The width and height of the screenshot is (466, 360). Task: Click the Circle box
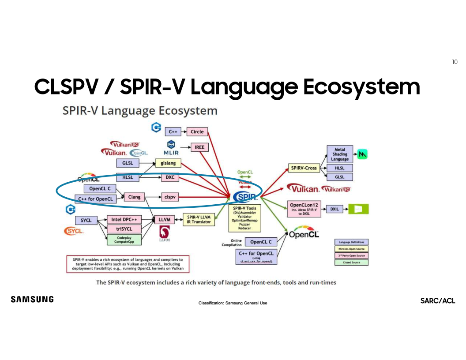[x=197, y=131]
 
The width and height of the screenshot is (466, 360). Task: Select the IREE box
[x=199, y=147]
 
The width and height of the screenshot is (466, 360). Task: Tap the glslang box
[x=168, y=163]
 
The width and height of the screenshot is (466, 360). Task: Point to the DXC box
[x=170, y=177]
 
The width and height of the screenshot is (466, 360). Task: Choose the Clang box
[x=135, y=197]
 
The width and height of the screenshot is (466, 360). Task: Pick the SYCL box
[x=86, y=220]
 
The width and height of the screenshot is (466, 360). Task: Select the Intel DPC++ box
[x=126, y=220]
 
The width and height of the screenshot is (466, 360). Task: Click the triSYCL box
[x=126, y=229]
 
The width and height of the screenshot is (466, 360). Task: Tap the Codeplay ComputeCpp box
[x=126, y=240]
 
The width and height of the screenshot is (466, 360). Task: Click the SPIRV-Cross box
[x=304, y=168]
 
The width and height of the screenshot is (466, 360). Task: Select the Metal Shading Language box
[x=340, y=154]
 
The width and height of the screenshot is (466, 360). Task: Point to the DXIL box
[x=334, y=209]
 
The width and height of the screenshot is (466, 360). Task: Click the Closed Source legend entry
[x=351, y=262]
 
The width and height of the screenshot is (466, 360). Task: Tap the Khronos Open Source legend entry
[x=351, y=249]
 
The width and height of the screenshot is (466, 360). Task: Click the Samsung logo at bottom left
[x=32, y=300]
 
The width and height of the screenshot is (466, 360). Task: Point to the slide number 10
[x=455, y=62]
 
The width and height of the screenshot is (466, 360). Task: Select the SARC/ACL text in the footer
[x=438, y=301]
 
